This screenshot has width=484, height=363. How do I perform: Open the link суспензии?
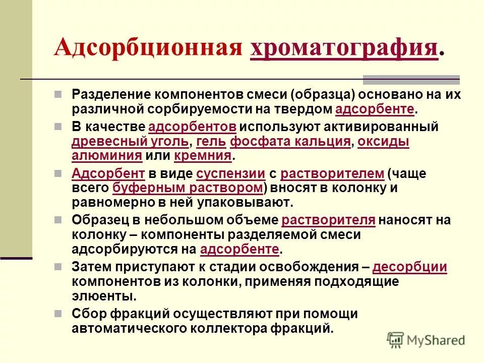(230, 174)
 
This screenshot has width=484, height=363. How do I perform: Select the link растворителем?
(332, 174)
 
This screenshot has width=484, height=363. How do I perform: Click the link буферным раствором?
(188, 188)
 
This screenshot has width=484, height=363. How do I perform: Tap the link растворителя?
(328, 220)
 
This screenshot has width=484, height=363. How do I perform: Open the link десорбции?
(410, 267)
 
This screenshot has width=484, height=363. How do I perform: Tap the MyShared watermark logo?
(426, 340)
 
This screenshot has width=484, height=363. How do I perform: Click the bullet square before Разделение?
(59, 94)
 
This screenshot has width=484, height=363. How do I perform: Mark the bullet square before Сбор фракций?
(59, 314)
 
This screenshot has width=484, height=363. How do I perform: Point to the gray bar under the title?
(411, 79)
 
